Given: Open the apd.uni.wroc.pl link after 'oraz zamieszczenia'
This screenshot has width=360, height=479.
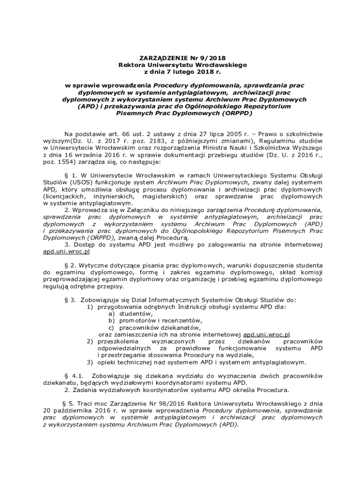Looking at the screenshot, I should click(267, 334).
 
